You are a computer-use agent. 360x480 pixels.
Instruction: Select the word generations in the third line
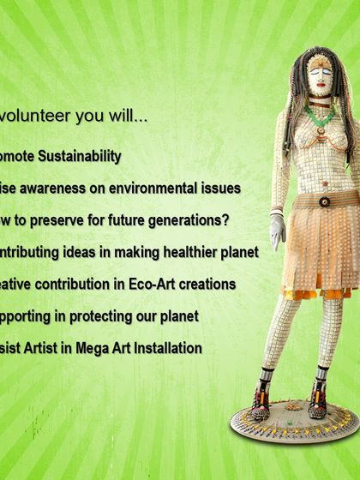pyautogui.click(x=184, y=220)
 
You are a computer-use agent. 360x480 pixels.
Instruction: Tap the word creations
pyautogui.click(x=205, y=284)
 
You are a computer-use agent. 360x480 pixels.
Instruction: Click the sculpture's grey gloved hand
pyautogui.click(x=278, y=231)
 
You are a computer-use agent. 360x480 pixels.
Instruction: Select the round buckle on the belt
pyautogui.click(x=325, y=201)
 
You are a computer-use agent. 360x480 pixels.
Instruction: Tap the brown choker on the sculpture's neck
pyautogui.click(x=321, y=104)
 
